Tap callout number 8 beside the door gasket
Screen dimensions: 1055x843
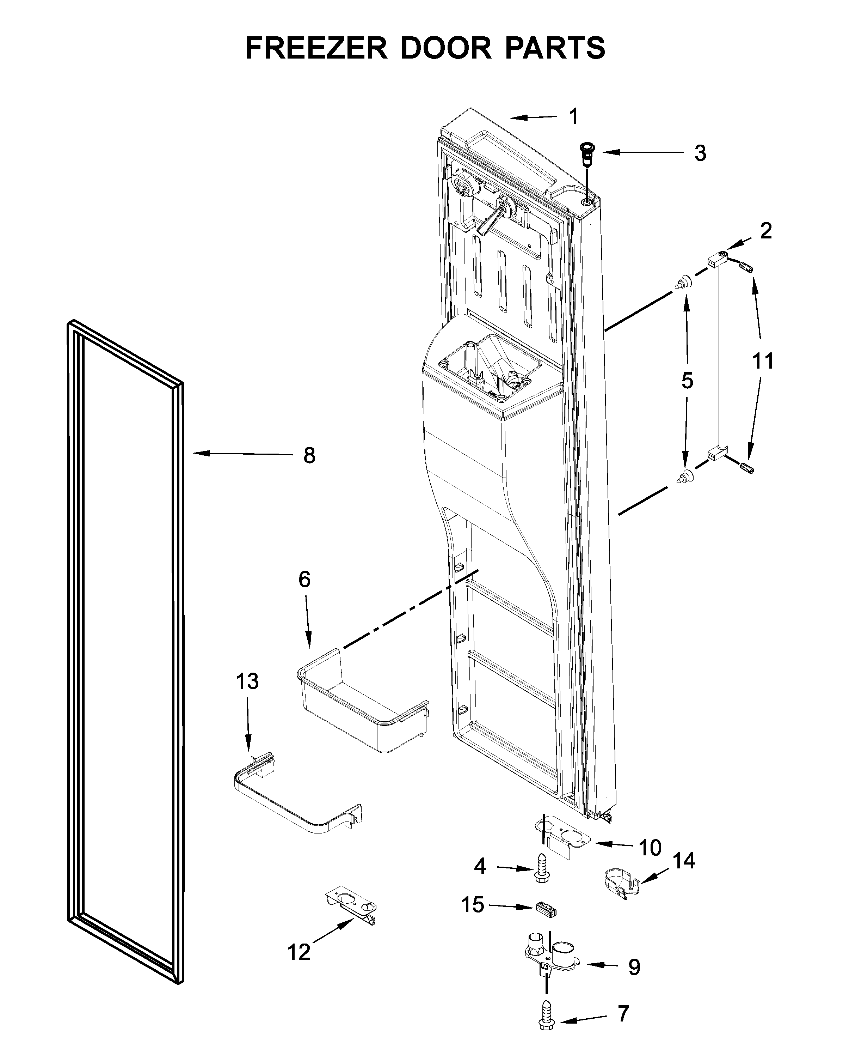[309, 456]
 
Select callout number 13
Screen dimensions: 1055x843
[247, 681]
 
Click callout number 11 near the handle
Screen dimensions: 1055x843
[763, 361]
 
